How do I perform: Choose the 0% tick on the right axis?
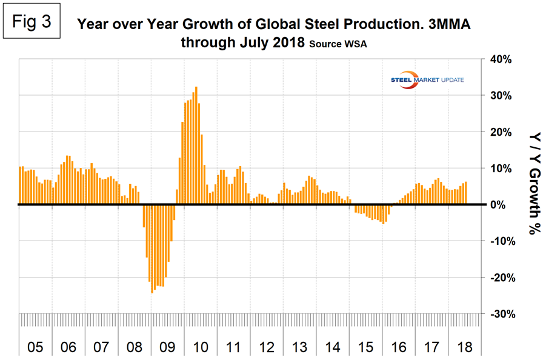pyautogui.click(x=505, y=205)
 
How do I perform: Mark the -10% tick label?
pyautogui.click(x=501, y=241)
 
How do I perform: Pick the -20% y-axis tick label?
pyautogui.click(x=501, y=278)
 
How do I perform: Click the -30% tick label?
pyautogui.click(x=501, y=314)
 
